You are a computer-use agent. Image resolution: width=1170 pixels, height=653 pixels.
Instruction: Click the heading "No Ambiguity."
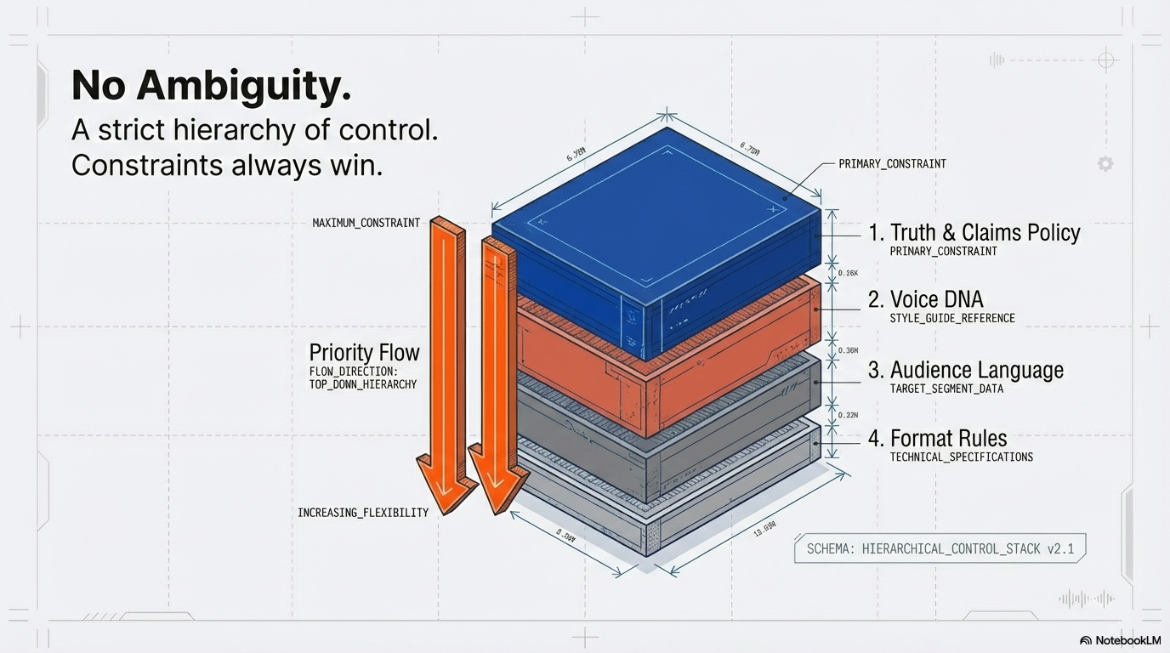pyautogui.click(x=211, y=87)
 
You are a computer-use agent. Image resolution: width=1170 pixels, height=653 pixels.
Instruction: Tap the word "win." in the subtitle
pyautogui.click(x=356, y=165)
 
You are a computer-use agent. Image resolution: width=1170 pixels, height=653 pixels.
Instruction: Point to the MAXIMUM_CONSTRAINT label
pyautogui.click(x=366, y=223)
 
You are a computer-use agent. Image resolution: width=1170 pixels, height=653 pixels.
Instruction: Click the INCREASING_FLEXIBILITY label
pyautogui.click(x=363, y=513)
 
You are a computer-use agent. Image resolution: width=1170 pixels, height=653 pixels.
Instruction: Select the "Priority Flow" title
pyautogui.click(x=364, y=352)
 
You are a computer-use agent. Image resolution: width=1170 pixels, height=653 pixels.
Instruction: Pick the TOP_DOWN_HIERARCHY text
pyautogui.click(x=363, y=384)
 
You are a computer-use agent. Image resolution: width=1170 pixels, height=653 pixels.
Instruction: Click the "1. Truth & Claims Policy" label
pyautogui.click(x=974, y=232)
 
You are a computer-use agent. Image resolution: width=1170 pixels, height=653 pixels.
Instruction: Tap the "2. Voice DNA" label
pyautogui.click(x=925, y=299)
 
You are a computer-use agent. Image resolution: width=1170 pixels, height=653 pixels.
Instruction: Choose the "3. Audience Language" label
pyautogui.click(x=965, y=370)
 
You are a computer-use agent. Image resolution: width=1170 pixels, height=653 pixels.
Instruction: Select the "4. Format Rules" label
pyautogui.click(x=937, y=439)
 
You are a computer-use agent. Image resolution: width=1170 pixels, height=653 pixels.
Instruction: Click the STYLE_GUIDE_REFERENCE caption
pyautogui.click(x=951, y=318)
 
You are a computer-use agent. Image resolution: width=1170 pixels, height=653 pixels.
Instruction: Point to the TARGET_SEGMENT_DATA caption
pyautogui.click(x=946, y=389)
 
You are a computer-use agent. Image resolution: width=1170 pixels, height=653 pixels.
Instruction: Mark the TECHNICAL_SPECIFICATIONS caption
pyautogui.click(x=961, y=457)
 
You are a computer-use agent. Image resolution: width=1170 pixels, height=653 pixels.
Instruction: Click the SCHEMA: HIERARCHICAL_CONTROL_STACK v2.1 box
pyautogui.click(x=940, y=548)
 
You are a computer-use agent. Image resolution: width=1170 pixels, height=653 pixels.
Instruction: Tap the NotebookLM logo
pyautogui.click(x=1120, y=640)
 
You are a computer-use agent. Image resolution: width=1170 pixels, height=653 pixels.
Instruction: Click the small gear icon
pyautogui.click(x=1105, y=164)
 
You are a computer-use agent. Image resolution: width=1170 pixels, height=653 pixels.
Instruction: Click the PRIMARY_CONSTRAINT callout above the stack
pyautogui.click(x=892, y=163)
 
